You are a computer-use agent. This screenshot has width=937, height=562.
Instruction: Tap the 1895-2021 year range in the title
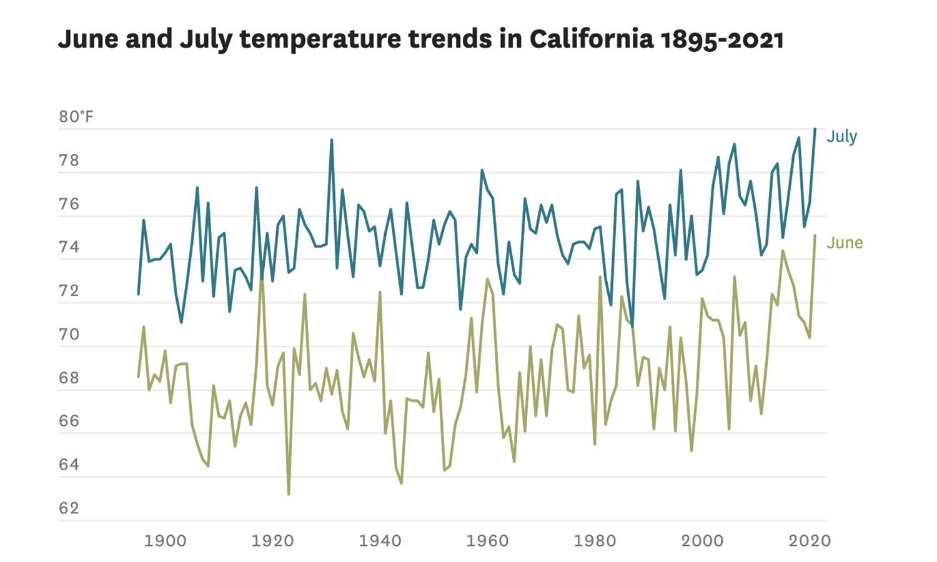721,39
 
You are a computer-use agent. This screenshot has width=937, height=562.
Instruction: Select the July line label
841,136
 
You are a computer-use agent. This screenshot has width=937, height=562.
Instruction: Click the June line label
844,242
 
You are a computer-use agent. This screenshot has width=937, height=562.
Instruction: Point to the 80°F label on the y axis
76,117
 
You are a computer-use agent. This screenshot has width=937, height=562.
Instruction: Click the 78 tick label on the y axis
69,160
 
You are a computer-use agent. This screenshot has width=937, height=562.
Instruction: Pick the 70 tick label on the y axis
69,334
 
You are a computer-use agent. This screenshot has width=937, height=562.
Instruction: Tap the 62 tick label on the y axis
69,508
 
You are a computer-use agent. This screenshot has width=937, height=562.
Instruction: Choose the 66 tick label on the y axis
69,421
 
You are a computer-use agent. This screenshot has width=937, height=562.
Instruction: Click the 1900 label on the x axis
165,540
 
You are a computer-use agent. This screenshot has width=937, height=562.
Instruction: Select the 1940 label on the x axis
380,540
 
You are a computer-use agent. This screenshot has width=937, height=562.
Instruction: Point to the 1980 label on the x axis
595,540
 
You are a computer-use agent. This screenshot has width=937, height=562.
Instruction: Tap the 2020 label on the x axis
810,540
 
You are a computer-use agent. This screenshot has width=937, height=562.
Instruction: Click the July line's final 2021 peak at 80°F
815,129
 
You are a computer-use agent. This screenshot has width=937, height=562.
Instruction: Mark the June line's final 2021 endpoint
815,235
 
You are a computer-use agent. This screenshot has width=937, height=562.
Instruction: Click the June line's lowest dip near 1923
289,494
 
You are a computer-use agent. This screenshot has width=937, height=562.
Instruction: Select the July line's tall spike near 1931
332,140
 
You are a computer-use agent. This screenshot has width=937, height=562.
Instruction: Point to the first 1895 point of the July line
138,293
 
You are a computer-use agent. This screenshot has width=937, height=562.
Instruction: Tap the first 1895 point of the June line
138,377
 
